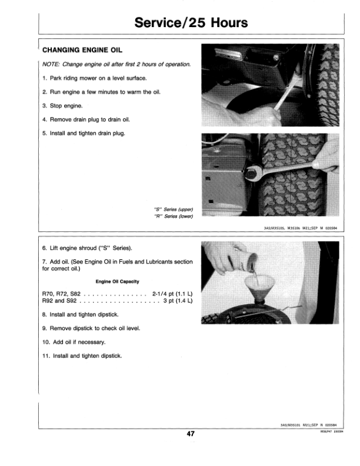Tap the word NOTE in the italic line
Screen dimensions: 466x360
53,64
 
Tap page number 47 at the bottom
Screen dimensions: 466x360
191,434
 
